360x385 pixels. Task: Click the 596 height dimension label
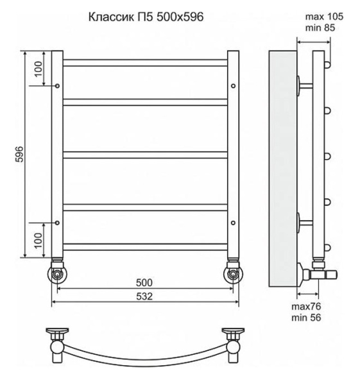coord(19,154)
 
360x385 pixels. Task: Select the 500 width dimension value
coord(144,282)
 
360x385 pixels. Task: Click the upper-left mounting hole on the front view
coord(58,85)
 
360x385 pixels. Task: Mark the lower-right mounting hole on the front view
coord(232,223)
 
